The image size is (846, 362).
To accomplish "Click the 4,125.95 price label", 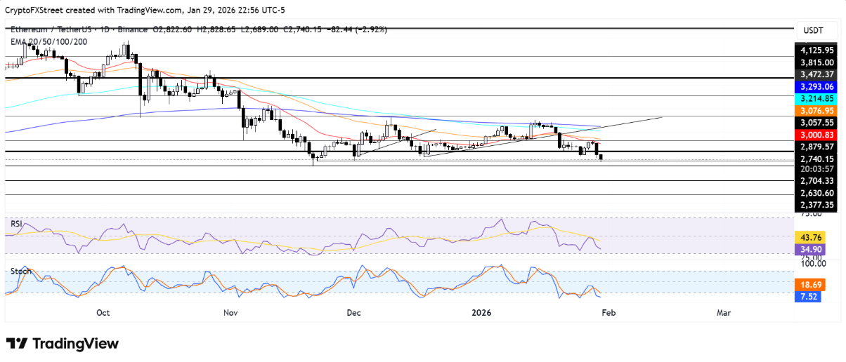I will click(x=816, y=50).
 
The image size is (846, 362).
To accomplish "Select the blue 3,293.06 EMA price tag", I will click(x=816, y=86).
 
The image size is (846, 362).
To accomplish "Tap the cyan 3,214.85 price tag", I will click(x=816, y=98).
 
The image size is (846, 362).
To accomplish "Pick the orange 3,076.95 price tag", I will click(x=816, y=110).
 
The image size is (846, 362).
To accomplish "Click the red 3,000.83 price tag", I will click(x=816, y=134).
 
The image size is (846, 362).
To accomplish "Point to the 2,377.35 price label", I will click(x=816, y=205).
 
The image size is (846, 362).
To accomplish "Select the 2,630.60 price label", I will click(x=816, y=193).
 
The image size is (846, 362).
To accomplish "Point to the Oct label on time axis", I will click(x=103, y=313).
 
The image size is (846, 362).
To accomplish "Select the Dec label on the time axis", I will click(x=353, y=313).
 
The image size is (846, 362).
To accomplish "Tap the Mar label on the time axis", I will click(x=724, y=313).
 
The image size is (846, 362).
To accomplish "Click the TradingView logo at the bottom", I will click(x=63, y=344).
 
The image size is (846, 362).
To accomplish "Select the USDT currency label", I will click(x=814, y=30).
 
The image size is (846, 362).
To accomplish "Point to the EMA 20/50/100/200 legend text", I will click(x=48, y=41).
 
